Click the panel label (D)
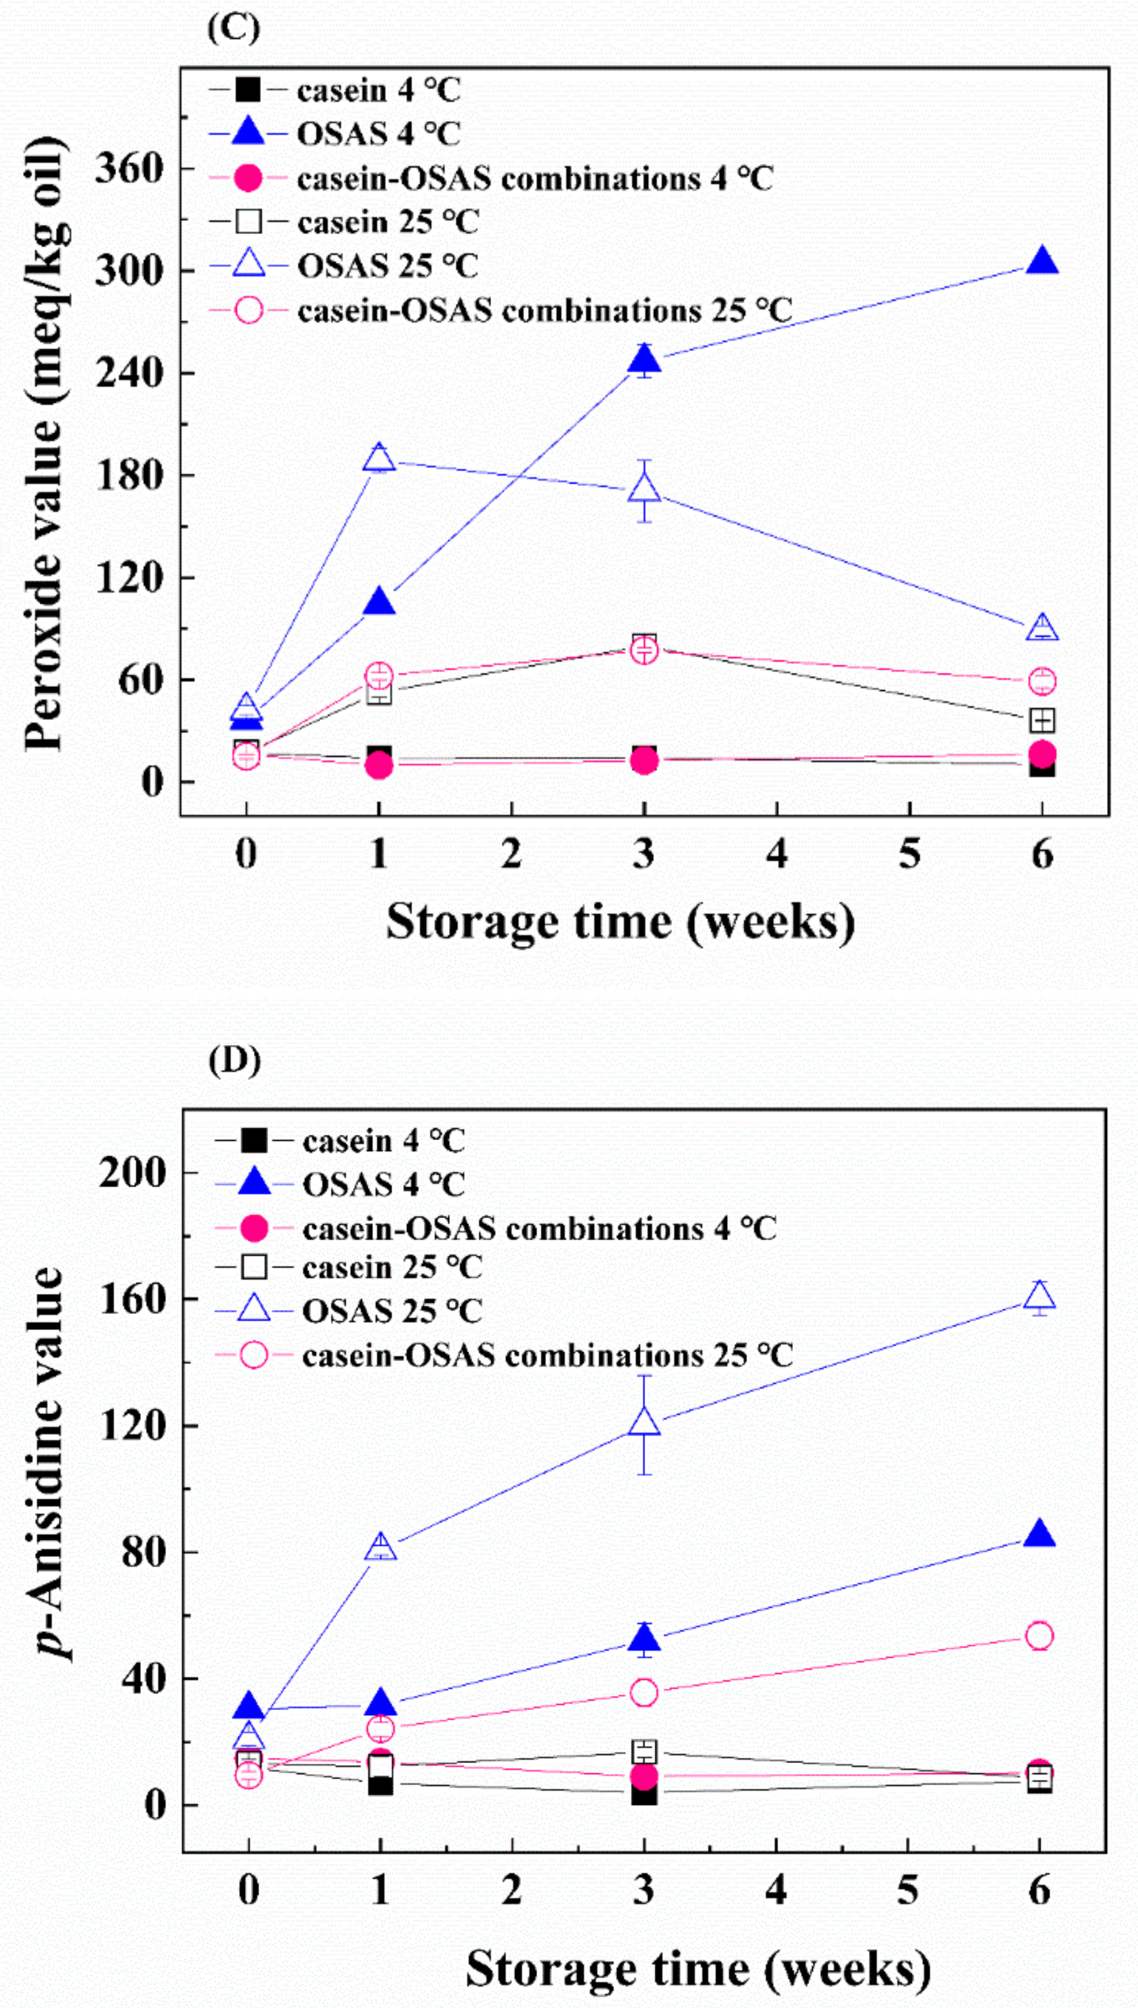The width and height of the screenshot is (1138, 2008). coord(234,1061)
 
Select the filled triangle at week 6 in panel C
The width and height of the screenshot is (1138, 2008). coord(1042,261)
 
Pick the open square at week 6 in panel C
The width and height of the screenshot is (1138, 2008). coord(1042,719)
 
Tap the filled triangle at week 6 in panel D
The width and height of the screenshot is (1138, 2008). coord(1038,1534)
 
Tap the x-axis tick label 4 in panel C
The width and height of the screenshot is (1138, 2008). coord(776,854)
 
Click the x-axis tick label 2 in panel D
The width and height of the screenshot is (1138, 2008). coord(512,1891)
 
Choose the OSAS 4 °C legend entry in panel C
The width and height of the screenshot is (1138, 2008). coord(378,134)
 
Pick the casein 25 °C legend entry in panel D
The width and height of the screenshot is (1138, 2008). coord(391,1267)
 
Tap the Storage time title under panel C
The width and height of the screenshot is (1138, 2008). coord(620,922)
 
